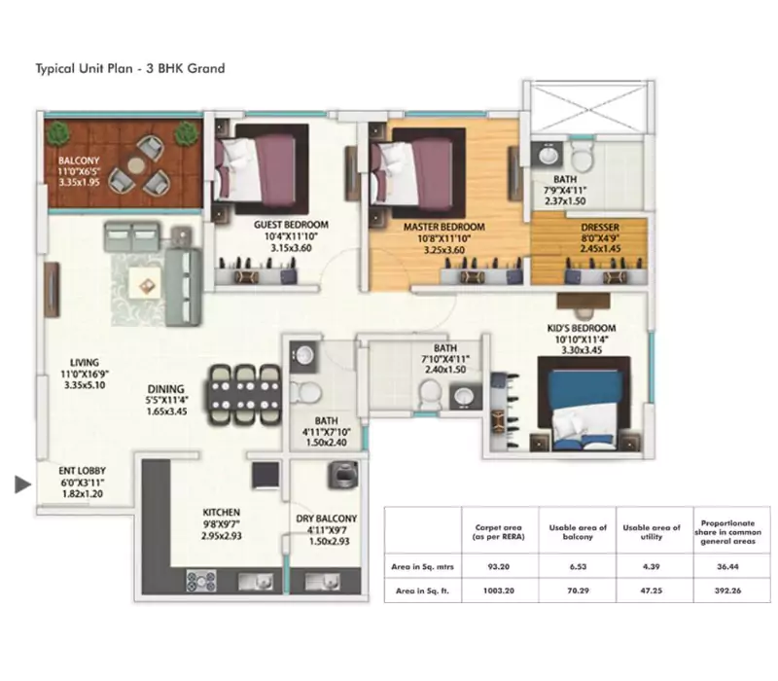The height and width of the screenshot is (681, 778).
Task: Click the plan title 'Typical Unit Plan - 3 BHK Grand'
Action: (130, 69)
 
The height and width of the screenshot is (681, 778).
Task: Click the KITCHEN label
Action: (222, 512)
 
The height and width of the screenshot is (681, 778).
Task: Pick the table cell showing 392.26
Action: (721, 589)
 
